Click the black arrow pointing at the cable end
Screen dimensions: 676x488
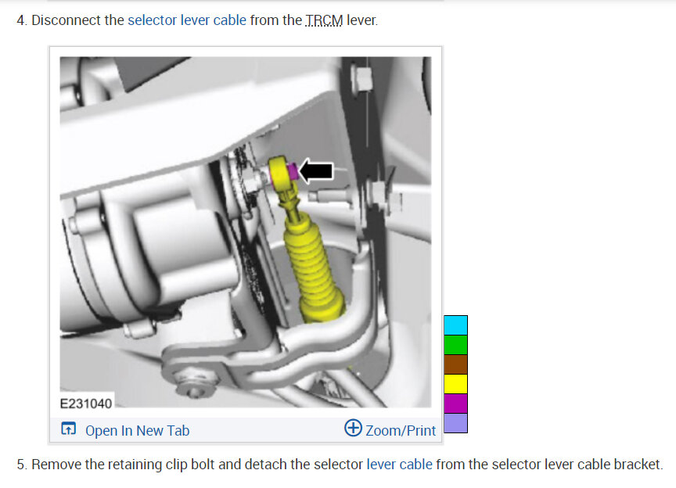(x=316, y=170)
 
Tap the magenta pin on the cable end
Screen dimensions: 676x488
(x=293, y=170)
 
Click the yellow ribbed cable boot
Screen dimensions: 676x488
(x=313, y=267)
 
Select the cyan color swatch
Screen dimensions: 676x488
(x=455, y=325)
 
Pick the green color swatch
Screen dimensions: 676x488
(x=455, y=345)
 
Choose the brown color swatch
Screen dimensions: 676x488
(x=455, y=364)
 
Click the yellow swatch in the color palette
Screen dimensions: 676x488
(x=455, y=384)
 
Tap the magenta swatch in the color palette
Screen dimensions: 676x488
(x=455, y=404)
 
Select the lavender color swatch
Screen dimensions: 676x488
(x=455, y=423)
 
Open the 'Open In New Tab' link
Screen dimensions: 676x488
(x=137, y=430)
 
